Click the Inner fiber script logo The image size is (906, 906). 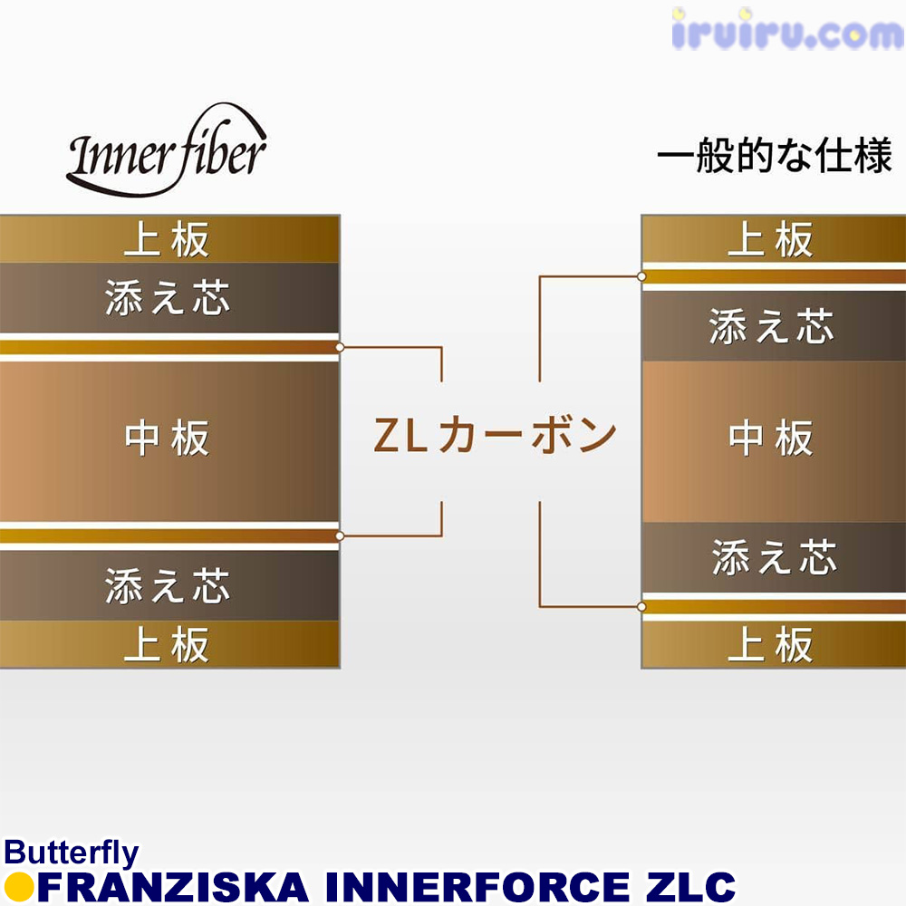click(167, 151)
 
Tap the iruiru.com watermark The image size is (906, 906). click(788, 30)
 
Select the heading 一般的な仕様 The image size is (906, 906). click(775, 155)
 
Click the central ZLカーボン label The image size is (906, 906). click(496, 435)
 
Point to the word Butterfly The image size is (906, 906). click(71, 853)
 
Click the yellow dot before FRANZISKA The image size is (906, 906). click(18, 888)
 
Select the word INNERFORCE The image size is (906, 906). click(477, 888)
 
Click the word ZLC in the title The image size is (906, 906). click(690, 888)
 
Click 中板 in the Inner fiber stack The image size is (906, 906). click(167, 439)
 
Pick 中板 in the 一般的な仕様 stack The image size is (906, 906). click(771, 439)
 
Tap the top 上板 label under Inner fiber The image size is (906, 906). click(167, 239)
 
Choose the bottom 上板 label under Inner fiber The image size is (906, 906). click(167, 645)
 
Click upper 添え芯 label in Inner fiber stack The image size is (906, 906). click(168, 298)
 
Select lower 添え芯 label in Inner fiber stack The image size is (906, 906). click(168, 586)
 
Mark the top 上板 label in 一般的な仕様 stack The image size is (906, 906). click(770, 239)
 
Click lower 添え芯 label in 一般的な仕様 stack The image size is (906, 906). click(775, 557)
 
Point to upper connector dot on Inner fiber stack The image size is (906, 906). click(340, 347)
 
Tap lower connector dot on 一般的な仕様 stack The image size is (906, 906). click(641, 607)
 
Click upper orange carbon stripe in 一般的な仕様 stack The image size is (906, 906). click(774, 276)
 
